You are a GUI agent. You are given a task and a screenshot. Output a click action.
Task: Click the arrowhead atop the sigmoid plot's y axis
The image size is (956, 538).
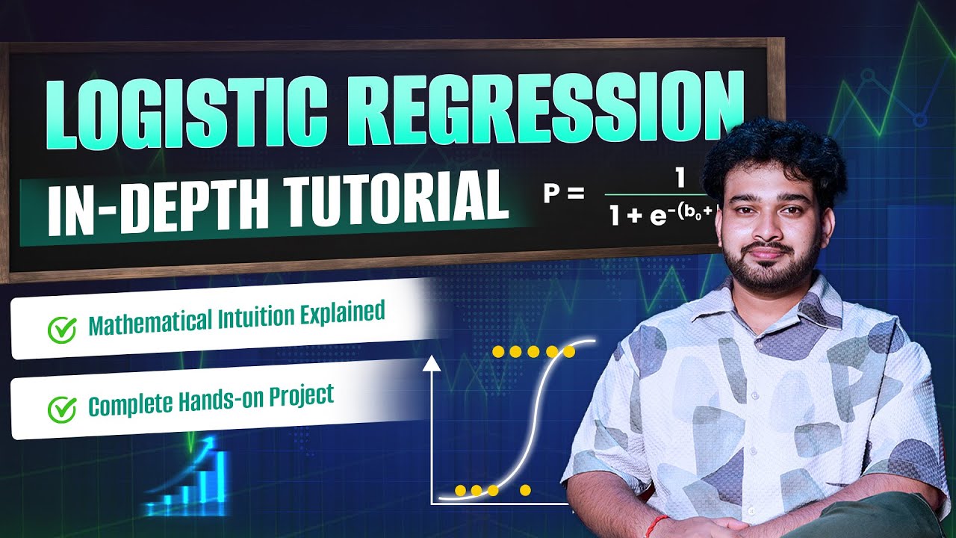point(431,365)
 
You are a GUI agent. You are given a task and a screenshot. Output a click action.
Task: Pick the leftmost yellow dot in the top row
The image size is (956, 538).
point(498,351)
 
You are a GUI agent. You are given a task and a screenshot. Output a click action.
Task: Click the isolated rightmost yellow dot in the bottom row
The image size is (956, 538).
point(525,490)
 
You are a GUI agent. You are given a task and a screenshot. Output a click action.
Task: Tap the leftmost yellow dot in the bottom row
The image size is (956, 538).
point(460,490)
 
